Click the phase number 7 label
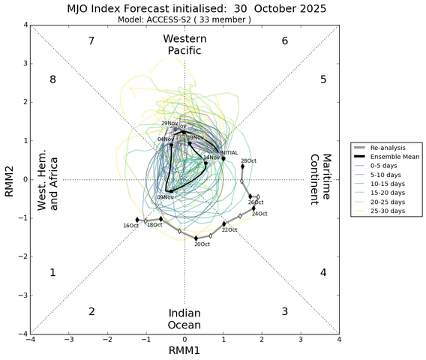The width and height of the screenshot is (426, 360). point(91,40)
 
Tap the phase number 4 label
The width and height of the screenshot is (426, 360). point(323,272)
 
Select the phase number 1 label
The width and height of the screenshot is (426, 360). point(52,272)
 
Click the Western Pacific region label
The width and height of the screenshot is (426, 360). point(184,44)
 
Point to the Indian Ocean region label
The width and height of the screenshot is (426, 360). point(184,319)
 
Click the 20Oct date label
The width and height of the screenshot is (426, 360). point(201,244)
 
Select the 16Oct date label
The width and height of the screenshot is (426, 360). point(131,225)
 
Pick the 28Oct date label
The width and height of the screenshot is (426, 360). point(248,161)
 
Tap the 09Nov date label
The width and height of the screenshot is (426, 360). point(165,197)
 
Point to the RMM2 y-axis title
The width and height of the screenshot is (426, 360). point(10,180)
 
